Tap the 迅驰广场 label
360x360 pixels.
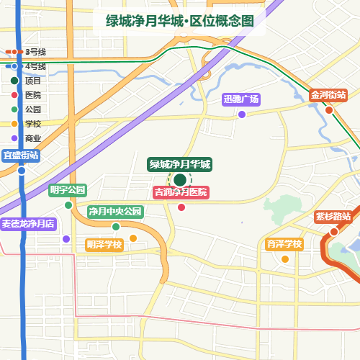pos(241,99)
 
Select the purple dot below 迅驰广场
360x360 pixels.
pos(242,114)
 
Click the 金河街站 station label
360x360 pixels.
pos(329,95)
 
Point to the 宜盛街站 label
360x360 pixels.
pos(21,156)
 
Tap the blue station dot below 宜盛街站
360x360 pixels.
pos(22,171)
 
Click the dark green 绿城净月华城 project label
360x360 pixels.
pos(180,164)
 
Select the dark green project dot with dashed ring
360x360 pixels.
pos(179,180)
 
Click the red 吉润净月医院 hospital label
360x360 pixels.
pos(181,192)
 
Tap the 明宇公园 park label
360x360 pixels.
pos(68,190)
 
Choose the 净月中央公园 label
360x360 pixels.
pos(115,212)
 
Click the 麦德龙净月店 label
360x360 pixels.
pos(28,224)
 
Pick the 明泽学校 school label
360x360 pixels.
pos(104,245)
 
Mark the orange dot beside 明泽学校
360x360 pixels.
pos(132,238)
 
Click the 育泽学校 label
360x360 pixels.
pos(284,244)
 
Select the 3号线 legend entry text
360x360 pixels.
pos(35,52)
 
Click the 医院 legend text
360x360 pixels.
pos(33,95)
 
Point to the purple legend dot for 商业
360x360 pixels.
pos(14,138)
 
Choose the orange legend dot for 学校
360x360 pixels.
pos(14,124)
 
